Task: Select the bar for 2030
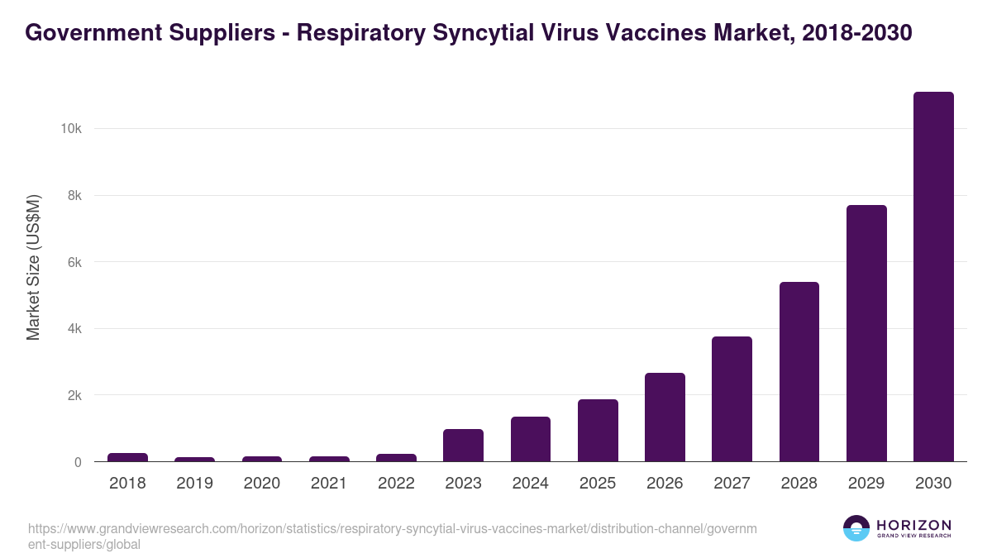tap(933, 277)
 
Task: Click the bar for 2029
tap(866, 333)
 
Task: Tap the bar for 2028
tap(799, 372)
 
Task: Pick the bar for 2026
tap(665, 417)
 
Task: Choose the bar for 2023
tap(463, 446)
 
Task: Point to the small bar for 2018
tap(127, 457)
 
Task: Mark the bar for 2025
tap(598, 431)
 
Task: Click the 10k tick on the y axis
tap(69, 129)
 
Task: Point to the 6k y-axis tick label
tap(73, 262)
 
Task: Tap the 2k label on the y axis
tap(73, 395)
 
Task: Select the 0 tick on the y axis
tap(78, 462)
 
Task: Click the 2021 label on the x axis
tap(329, 484)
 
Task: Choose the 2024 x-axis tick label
tap(531, 484)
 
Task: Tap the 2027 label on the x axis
tap(732, 484)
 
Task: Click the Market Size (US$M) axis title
tap(33, 267)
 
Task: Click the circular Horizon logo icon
tap(856, 528)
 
